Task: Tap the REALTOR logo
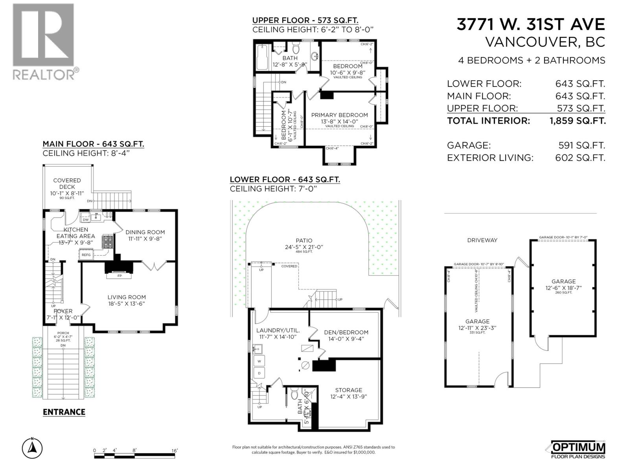pos(44,41)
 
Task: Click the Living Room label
pos(127,301)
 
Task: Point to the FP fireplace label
pos(120,276)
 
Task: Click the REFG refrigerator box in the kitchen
pos(86,255)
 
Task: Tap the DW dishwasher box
pos(86,220)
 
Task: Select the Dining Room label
pos(145,235)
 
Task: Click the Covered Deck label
pos(67,184)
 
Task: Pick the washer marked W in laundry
pos(259,361)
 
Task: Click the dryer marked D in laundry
pos(259,373)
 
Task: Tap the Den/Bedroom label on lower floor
pos(346,335)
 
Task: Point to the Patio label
pos(304,243)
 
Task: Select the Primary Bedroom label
pos(339,118)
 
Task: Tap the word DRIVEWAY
pos(482,240)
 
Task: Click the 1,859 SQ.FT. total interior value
pos(577,121)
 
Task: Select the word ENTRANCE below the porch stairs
pos(64,412)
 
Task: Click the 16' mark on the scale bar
pos(175,450)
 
